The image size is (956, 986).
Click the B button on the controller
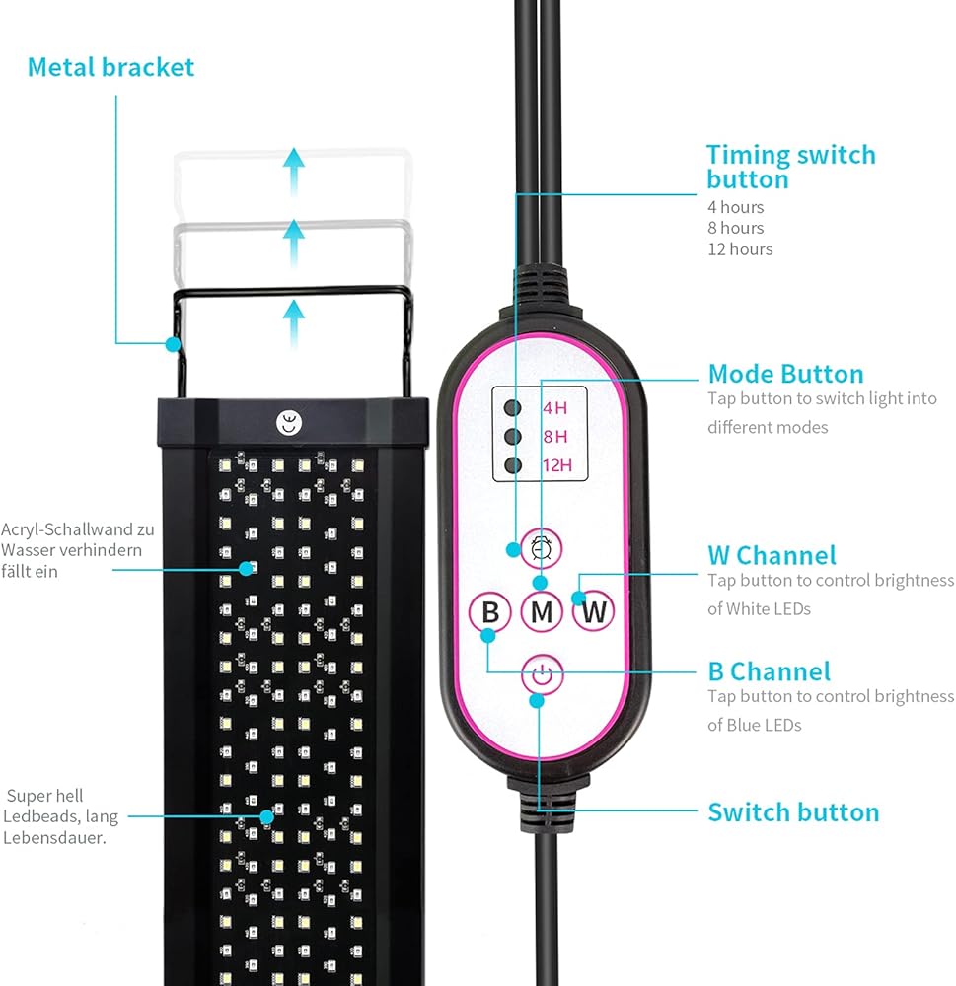click(x=489, y=612)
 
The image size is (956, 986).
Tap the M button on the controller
click(x=541, y=612)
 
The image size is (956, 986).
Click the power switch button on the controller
click(x=540, y=676)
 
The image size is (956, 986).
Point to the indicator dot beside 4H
click(x=512, y=406)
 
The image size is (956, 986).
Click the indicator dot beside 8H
click(x=512, y=436)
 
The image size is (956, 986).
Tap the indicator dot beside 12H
click(x=512, y=465)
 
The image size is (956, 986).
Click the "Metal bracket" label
click(x=110, y=67)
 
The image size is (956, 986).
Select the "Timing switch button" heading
click(x=790, y=167)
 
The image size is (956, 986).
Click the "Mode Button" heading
click(x=785, y=374)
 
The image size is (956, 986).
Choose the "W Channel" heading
click(x=772, y=555)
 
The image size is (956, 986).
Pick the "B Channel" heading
click(x=769, y=671)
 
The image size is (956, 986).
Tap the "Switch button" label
click(x=793, y=812)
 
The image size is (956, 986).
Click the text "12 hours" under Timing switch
click(x=740, y=248)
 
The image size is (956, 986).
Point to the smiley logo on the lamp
click(x=286, y=423)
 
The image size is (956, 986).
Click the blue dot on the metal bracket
click(x=173, y=344)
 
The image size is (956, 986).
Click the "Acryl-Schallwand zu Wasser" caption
click(x=77, y=549)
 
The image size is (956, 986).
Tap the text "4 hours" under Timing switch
click(x=735, y=207)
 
